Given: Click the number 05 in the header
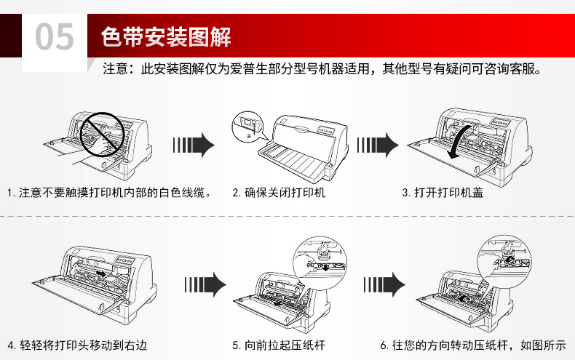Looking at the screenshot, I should (55, 37).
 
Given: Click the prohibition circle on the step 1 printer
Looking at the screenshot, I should (100, 134).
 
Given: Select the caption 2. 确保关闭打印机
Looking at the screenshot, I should (279, 193).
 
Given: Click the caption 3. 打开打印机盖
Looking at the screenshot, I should (443, 193).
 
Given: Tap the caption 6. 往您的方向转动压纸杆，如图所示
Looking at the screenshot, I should (472, 344).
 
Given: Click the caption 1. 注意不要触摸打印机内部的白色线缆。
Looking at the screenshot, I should (109, 193).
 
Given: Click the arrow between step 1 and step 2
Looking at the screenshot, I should (193, 145).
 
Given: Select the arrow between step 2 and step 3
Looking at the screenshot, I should (378, 145).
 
